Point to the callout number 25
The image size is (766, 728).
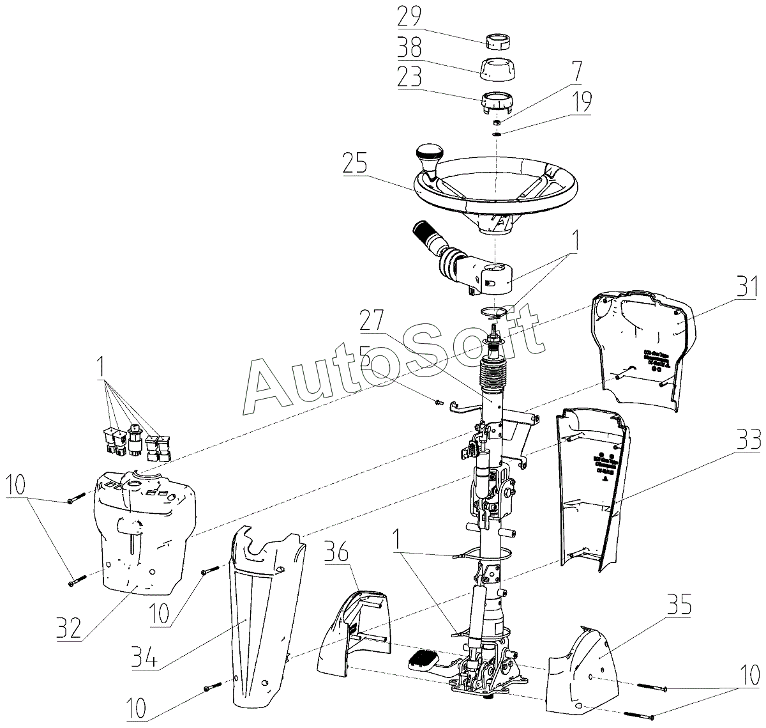[x=355, y=164]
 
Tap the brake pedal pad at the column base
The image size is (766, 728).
[x=423, y=658]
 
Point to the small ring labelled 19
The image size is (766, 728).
[x=497, y=134]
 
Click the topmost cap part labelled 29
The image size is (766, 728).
[x=496, y=42]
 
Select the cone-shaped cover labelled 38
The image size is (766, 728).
[x=495, y=69]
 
